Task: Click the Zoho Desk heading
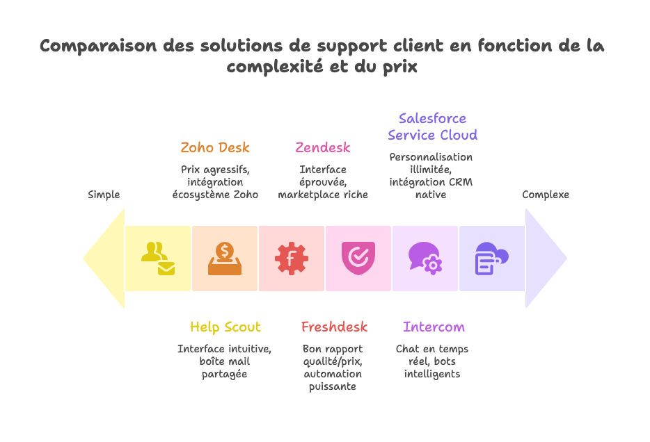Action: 214,147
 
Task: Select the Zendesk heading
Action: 322,147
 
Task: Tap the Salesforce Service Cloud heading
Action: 432,126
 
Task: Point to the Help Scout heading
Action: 225,327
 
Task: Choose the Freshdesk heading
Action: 334,327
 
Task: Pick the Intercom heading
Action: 434,327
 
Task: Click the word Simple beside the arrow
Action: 104,195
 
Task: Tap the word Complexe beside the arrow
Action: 546,195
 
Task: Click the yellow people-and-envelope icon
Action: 158,259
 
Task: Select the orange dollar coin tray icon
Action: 225,259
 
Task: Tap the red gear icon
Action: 292,259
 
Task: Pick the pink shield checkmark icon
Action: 358,259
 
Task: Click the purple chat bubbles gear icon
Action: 425,259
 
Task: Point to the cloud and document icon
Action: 491,259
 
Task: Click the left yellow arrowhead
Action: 104,259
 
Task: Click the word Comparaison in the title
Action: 98,46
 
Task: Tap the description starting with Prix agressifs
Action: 215,182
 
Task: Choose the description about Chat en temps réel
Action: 432,361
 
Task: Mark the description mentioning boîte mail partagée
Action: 224,361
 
